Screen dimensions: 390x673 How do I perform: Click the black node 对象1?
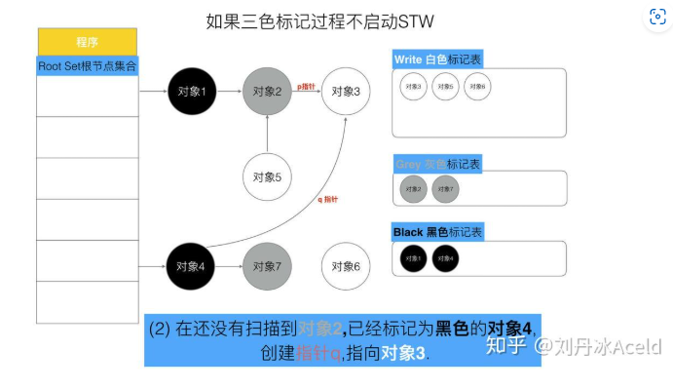pos(192,92)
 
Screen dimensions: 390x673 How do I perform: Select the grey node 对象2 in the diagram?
pos(267,92)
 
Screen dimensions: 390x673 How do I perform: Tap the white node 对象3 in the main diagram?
pos(346,92)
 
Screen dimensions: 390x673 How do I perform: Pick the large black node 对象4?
pos(192,266)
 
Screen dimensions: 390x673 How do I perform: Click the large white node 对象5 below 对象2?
pos(267,177)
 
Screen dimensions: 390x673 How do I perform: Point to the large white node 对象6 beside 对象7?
pos(346,266)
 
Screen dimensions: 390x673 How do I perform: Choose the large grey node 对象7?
pos(267,266)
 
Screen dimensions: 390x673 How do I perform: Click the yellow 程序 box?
pos(87,42)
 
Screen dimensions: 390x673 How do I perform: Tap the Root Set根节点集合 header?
pos(87,66)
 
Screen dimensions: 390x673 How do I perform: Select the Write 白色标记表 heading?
pos(437,59)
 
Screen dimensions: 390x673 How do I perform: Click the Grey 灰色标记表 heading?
pos(437,163)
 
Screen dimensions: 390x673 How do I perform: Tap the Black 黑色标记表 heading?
pos(437,232)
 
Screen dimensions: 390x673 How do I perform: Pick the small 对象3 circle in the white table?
pos(412,87)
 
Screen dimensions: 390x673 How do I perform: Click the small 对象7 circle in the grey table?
pos(444,189)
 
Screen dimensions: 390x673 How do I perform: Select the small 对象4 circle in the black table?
pos(444,258)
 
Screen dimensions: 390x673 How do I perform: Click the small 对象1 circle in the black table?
pos(412,258)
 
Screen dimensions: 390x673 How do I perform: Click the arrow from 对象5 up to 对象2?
pos(267,136)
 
